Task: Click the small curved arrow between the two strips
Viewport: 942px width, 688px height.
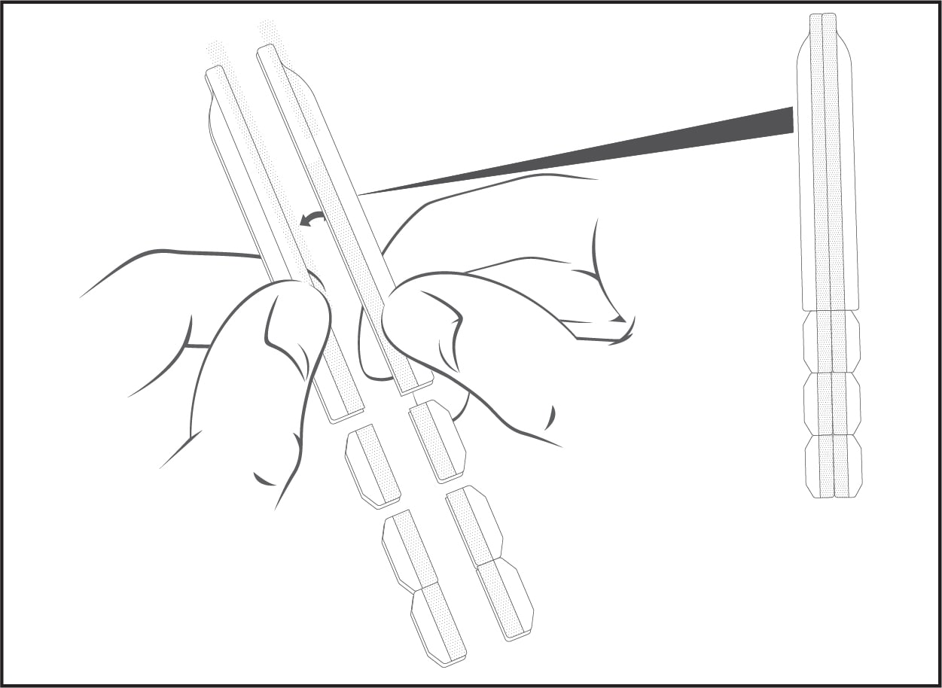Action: click(311, 218)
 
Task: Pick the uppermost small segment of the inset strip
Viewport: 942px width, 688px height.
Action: click(831, 341)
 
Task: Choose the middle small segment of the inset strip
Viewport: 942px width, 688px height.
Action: click(832, 403)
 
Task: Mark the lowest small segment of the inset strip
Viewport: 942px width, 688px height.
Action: click(833, 466)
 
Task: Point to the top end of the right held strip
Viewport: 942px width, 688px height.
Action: click(266, 51)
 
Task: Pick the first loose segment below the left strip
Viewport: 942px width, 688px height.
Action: click(372, 464)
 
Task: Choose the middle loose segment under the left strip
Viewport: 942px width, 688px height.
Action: click(410, 549)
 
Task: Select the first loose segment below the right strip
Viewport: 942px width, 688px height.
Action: click(437, 440)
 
